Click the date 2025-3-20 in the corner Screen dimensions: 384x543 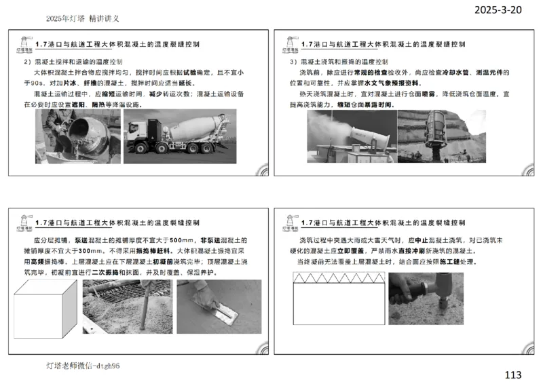tap(498, 12)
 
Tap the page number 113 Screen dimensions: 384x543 tap(514, 374)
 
